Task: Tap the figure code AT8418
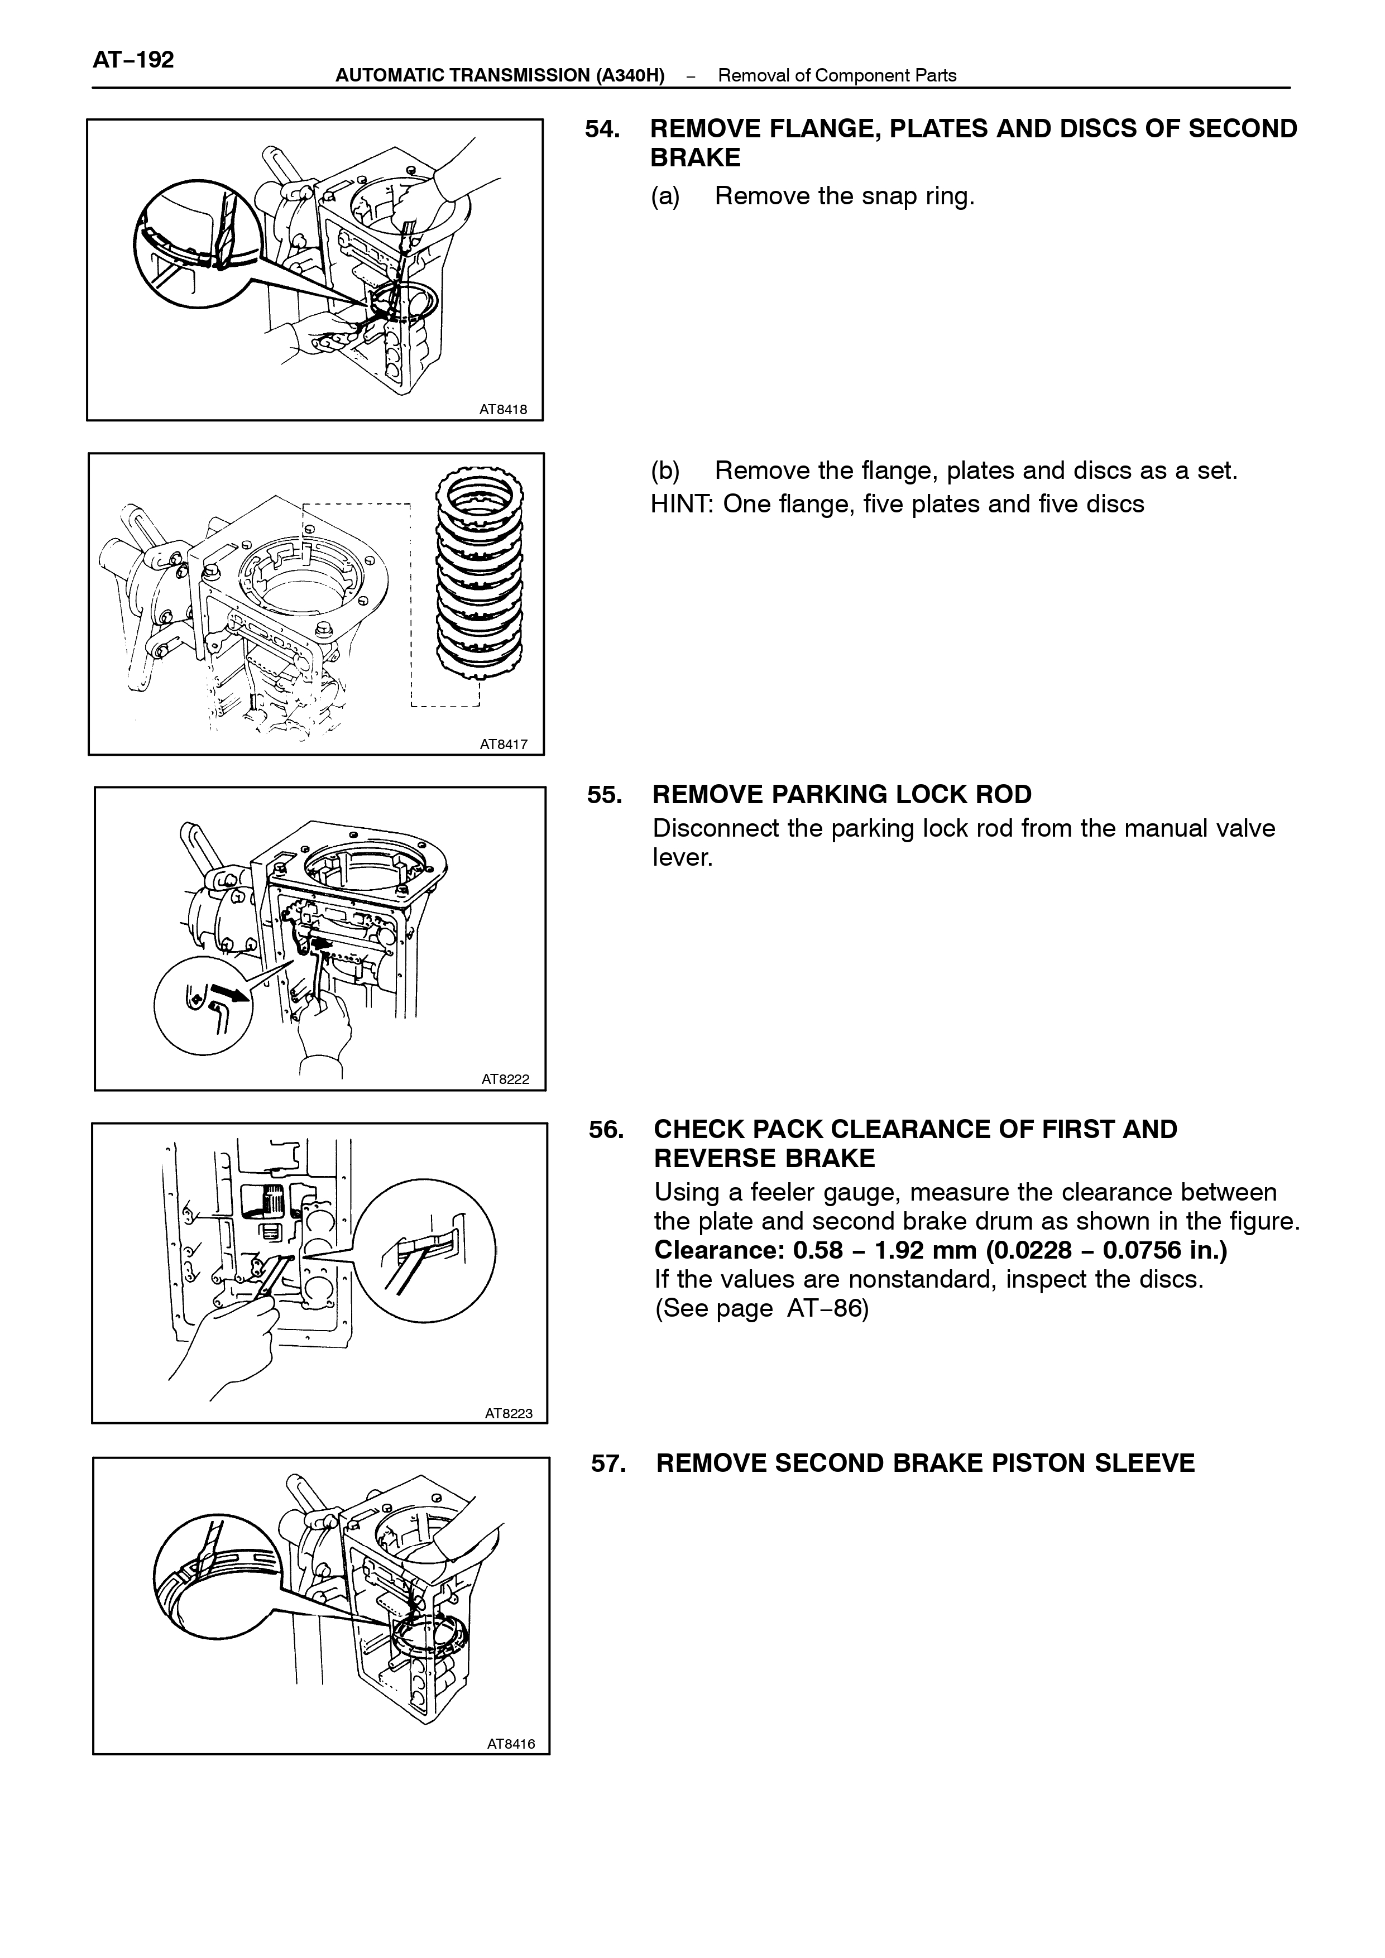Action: pyautogui.click(x=503, y=409)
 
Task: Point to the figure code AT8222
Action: pyautogui.click(x=506, y=1079)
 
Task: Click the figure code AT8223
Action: pyautogui.click(x=509, y=1413)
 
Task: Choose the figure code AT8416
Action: pyautogui.click(x=512, y=1744)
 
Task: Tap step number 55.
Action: pyautogui.click(x=604, y=795)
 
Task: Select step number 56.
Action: pyautogui.click(x=606, y=1129)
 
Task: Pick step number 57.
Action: pyautogui.click(x=609, y=1463)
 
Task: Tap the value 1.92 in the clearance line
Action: pyautogui.click(x=902, y=1250)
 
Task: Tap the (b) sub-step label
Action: pyautogui.click(x=666, y=471)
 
